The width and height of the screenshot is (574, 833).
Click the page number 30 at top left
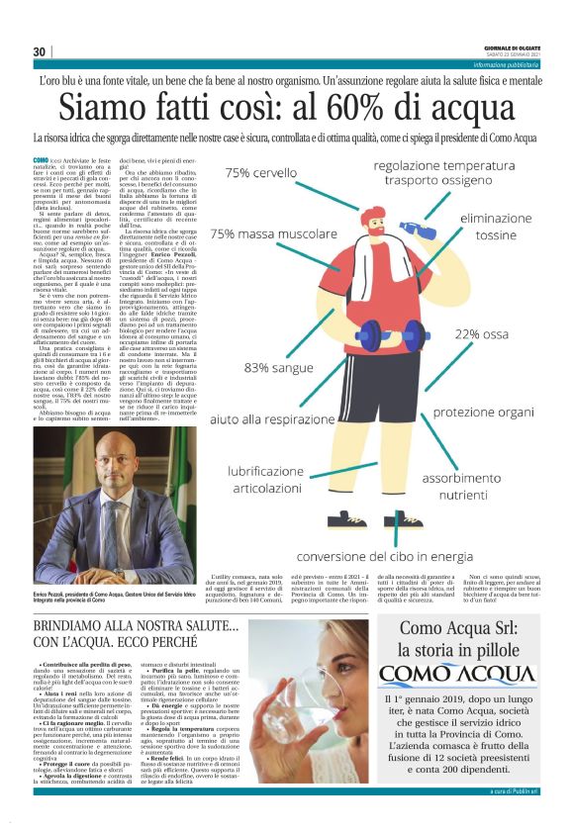pyautogui.click(x=40, y=51)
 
